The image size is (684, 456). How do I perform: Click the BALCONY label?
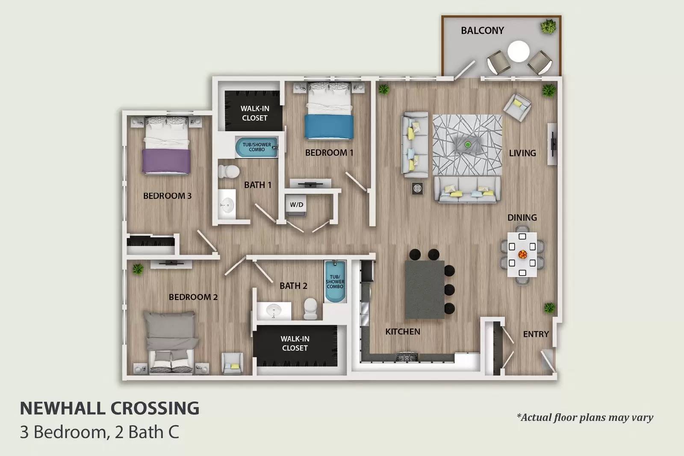482,30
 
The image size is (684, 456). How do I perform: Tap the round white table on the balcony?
518,51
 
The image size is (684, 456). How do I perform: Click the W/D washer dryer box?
296,205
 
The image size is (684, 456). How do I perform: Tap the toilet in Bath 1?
229,171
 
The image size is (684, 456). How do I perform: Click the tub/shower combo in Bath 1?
256,147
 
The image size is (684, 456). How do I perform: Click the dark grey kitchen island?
425,289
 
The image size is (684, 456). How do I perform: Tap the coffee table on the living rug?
467,144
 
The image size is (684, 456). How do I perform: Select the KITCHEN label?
402,332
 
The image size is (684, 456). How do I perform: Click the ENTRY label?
536,334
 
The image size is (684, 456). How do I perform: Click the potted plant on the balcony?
548,27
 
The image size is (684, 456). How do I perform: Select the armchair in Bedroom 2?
232,363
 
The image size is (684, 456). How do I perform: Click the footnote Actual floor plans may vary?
585,417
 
